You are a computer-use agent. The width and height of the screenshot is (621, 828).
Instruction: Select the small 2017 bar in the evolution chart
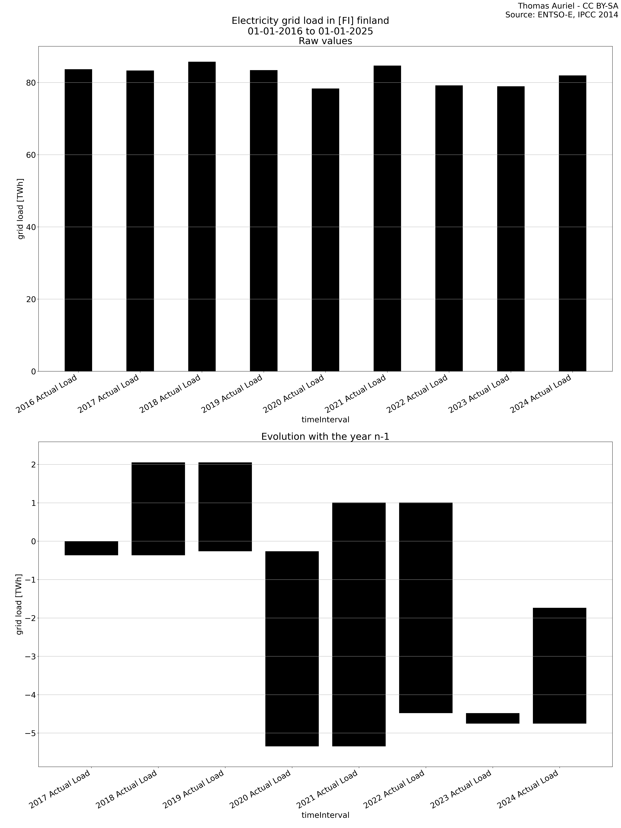pos(91,548)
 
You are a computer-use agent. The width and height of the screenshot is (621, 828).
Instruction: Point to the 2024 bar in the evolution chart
pos(559,666)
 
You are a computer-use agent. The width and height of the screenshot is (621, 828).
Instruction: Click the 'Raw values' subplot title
pos(325,41)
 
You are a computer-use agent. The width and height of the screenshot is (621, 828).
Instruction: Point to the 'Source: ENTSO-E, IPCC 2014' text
pos(561,15)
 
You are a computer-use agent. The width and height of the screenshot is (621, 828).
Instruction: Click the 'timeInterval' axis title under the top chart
pos(325,420)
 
